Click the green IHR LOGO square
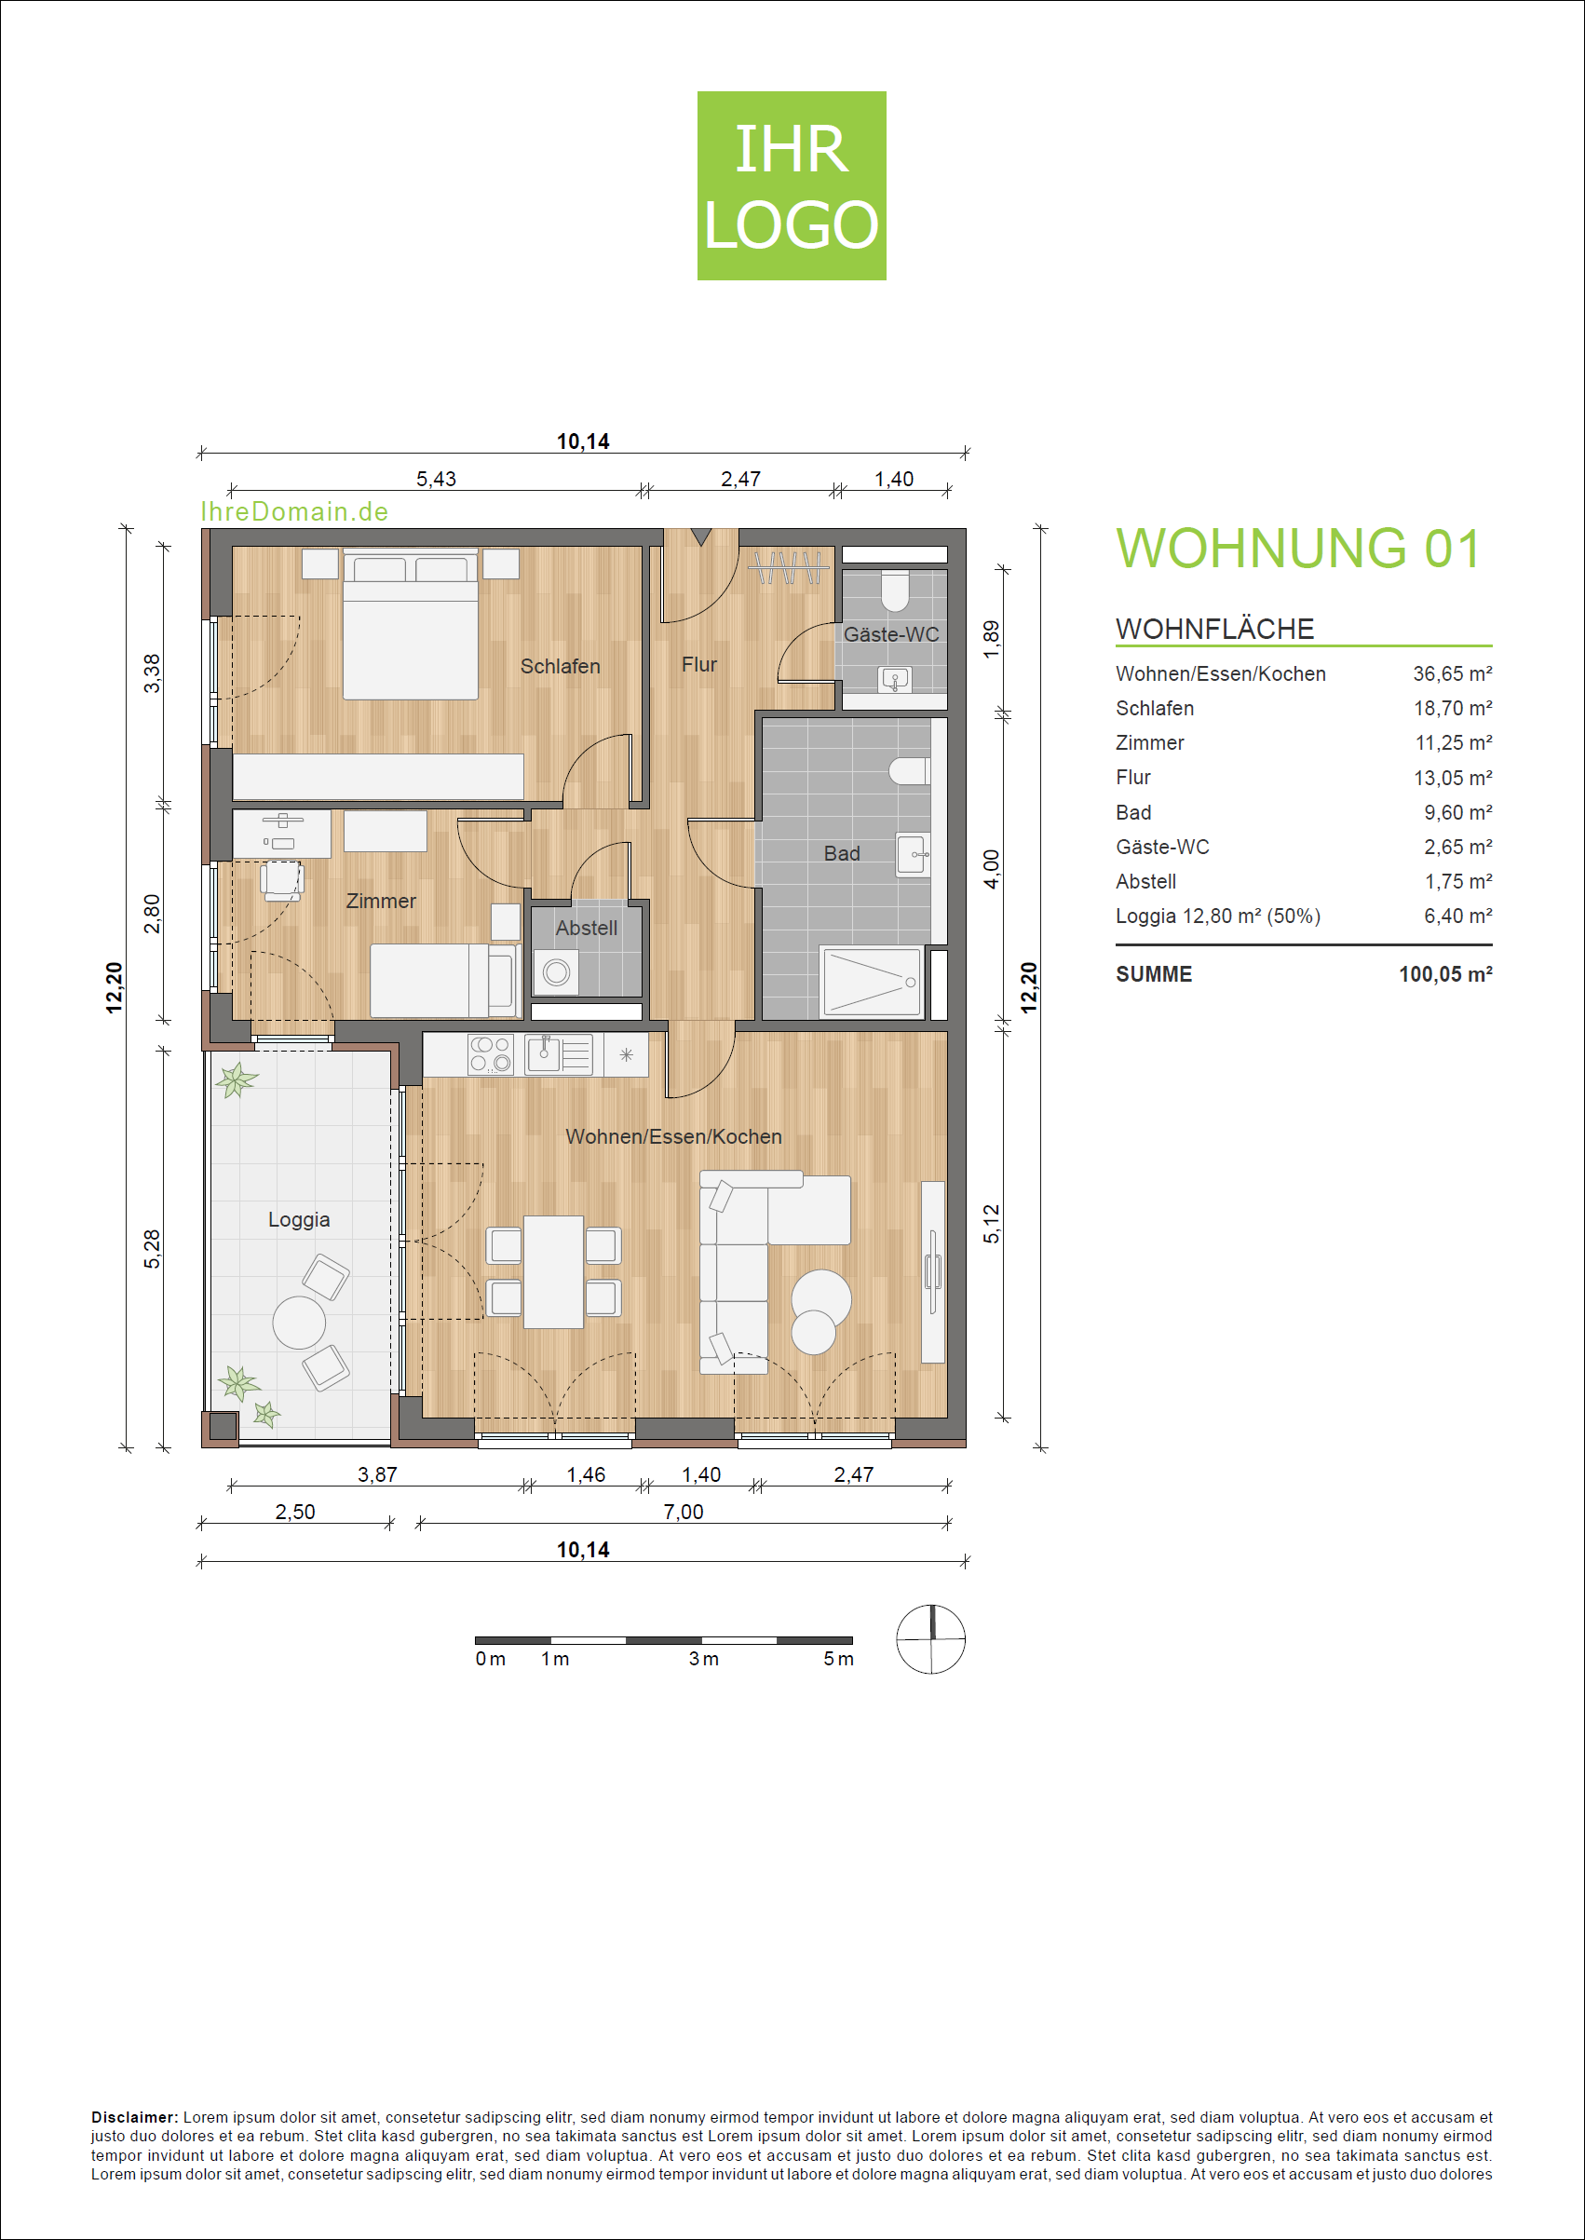[x=792, y=185]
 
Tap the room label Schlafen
[x=560, y=666]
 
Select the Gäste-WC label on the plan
[x=891, y=633]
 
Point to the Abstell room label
[x=587, y=928]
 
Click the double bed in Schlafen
[x=410, y=625]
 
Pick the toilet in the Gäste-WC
[x=894, y=590]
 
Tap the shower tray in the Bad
[x=872, y=981]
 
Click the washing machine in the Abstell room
[x=556, y=972]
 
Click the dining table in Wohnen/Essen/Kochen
[x=553, y=1270]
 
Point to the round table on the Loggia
[x=299, y=1322]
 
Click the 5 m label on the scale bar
[x=837, y=1658]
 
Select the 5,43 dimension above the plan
[x=436, y=478]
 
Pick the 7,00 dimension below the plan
[x=684, y=1511]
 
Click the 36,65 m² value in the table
[x=1452, y=673]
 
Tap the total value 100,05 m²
[x=1445, y=973]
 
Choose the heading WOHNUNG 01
[x=1298, y=548]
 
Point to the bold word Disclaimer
[x=135, y=2117]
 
